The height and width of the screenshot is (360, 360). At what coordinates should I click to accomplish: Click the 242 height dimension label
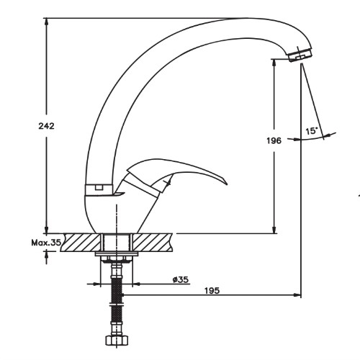(x=47, y=126)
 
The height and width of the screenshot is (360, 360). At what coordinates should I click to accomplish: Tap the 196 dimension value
(x=274, y=140)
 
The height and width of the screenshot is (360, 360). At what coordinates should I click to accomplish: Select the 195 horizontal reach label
(x=212, y=291)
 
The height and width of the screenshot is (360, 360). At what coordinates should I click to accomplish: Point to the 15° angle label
(x=312, y=131)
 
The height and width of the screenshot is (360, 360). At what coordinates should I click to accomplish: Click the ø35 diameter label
(x=181, y=279)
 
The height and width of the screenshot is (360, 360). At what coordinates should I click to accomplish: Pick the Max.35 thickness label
(x=46, y=243)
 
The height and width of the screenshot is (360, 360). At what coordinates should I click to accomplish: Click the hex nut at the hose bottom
(x=117, y=341)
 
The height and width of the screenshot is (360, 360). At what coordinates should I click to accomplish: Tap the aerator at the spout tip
(x=300, y=54)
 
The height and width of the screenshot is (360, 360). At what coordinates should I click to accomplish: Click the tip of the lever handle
(x=227, y=184)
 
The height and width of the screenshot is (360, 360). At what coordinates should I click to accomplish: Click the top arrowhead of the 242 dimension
(x=47, y=22)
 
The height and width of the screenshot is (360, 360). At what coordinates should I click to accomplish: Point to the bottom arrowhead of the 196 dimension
(x=274, y=230)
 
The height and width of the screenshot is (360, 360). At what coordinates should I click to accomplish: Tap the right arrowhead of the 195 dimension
(x=297, y=294)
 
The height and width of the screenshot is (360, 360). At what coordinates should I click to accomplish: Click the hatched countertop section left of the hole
(x=81, y=243)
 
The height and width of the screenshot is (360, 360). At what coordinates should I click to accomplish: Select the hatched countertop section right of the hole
(x=152, y=243)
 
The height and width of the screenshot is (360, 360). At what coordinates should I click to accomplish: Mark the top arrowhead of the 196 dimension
(x=274, y=63)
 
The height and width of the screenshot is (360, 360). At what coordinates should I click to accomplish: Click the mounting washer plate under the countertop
(x=117, y=254)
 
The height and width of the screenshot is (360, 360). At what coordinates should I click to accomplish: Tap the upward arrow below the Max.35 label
(x=47, y=257)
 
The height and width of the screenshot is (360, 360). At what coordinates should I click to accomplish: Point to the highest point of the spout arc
(x=245, y=18)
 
